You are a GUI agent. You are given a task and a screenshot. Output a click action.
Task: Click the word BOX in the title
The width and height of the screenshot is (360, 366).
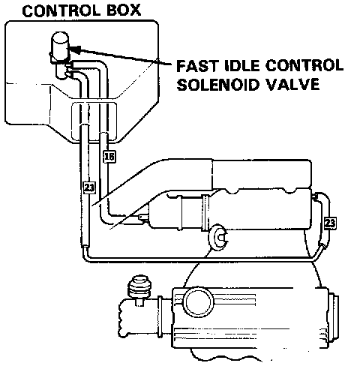[124, 10]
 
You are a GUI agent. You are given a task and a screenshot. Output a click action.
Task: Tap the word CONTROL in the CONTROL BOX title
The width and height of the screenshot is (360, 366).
[61, 10]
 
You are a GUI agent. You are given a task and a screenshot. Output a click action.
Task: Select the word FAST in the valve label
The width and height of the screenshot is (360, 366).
[196, 66]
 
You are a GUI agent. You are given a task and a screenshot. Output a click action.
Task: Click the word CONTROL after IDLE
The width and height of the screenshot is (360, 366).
[304, 66]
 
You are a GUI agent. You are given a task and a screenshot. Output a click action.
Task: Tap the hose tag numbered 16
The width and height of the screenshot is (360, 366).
[109, 157]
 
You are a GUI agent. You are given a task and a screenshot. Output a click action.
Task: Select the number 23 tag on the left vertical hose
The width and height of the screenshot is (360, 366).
[88, 187]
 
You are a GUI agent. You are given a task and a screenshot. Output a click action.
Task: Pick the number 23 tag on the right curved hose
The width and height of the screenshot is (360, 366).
[330, 223]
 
